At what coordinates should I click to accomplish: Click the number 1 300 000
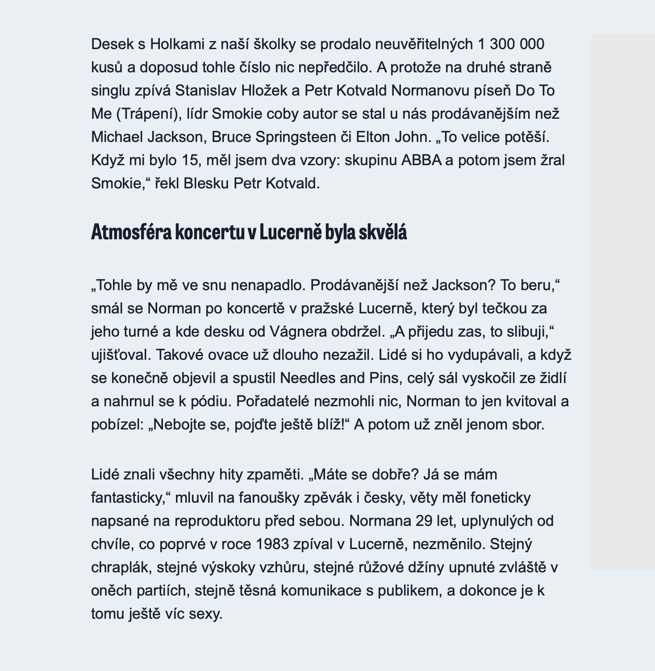(x=511, y=44)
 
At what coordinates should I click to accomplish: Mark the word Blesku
(x=207, y=183)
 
